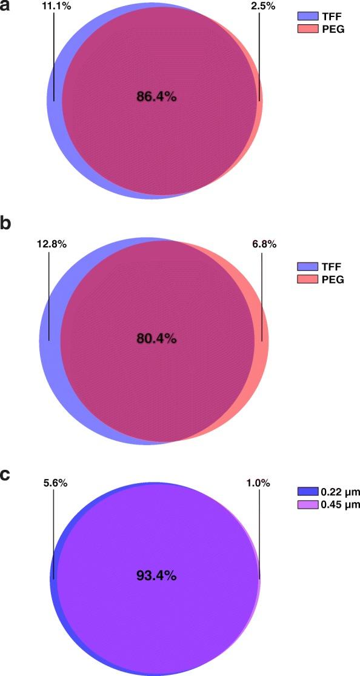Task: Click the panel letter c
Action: (6, 475)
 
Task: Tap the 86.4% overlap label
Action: (156, 96)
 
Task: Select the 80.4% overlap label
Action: (156, 339)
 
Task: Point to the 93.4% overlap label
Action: (156, 575)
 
